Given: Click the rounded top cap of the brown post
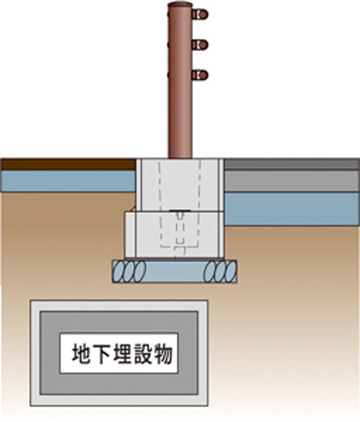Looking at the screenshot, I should coord(180,5).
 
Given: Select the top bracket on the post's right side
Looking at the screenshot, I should coord(200,14).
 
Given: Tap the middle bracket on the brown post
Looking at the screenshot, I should coord(200,44).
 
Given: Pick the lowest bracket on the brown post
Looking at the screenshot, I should coord(200,75).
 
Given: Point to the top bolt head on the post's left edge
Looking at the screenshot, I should coord(169,14).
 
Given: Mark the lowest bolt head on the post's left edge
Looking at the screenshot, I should coord(169,75).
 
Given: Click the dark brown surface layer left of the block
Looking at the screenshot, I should coord(68,164).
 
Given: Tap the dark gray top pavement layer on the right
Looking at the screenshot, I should coord(291,164).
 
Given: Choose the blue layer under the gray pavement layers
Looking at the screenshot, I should coord(291,208).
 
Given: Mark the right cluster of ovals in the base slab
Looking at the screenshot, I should coord(221,271).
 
